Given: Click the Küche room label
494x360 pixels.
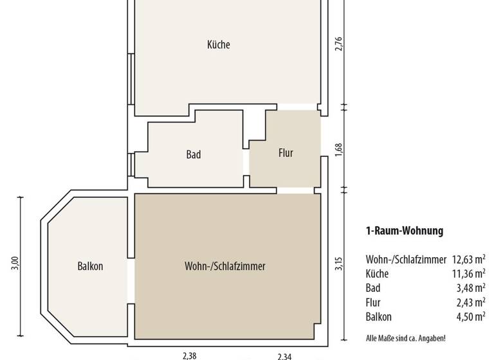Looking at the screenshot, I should click(x=218, y=45).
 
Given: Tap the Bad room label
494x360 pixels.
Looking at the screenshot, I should click(x=194, y=154).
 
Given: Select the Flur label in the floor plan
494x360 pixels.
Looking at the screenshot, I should click(x=286, y=153).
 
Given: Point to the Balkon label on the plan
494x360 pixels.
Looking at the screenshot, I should click(x=90, y=266).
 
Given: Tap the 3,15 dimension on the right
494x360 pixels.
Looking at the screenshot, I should click(x=340, y=264).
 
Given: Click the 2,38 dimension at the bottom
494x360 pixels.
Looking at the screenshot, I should click(x=189, y=355).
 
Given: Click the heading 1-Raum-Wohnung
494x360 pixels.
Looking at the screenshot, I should click(x=405, y=231).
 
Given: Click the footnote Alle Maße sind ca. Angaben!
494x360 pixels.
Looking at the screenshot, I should click(x=405, y=338).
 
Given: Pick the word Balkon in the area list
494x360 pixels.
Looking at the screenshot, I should click(x=378, y=316).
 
